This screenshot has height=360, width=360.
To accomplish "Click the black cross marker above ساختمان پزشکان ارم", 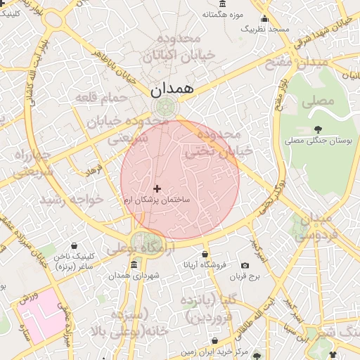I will [x=156, y=188].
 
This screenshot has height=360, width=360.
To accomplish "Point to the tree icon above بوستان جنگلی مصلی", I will [x=319, y=129].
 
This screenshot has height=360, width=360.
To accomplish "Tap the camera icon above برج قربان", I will [x=245, y=265].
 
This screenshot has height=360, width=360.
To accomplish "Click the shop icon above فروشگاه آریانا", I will [x=205, y=254].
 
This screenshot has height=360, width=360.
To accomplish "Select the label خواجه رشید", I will [x=71, y=200].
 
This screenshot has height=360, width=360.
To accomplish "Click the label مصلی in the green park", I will [x=318, y=101].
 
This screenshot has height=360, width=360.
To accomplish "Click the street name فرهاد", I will [x=94, y=170].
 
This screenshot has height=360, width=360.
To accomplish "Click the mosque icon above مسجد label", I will [x=264, y=18].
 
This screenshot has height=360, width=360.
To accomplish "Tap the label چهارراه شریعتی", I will [x=32, y=162].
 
